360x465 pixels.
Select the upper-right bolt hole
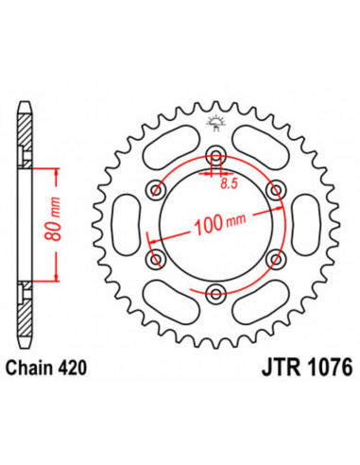[276, 190]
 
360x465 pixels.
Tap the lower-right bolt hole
[276, 257]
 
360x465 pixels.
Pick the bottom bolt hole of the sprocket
[215, 291]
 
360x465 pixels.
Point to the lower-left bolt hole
[156, 257]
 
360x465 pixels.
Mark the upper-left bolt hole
[156, 190]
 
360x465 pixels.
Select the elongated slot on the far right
[307, 224]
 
